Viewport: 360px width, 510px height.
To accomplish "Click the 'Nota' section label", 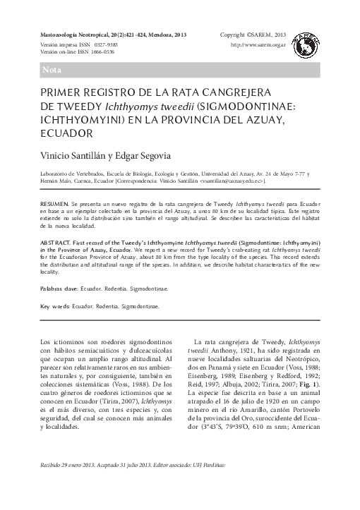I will click(52, 71).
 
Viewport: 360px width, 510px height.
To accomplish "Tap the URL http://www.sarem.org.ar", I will click(258, 44).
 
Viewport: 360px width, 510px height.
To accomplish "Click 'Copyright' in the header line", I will click(236, 34).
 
